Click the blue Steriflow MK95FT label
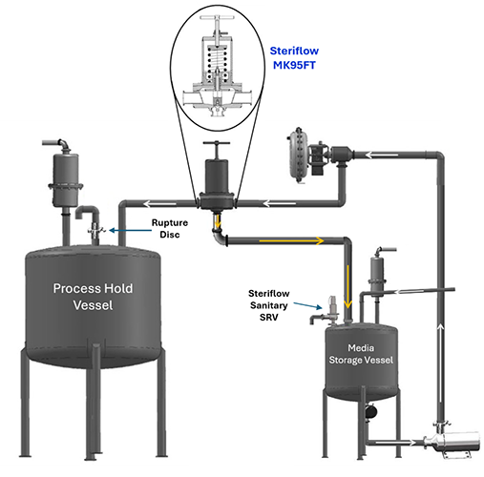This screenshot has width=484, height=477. [294, 58]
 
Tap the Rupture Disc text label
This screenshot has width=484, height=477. [170, 228]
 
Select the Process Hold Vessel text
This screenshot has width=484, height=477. [93, 297]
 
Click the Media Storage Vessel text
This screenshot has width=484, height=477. [361, 354]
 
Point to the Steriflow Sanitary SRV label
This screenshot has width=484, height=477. [269, 305]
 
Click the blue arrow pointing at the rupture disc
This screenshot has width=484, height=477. [131, 230]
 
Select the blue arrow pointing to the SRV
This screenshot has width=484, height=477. [307, 305]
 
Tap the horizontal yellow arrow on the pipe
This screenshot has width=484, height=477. [291, 240]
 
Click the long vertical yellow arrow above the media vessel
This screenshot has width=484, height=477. [347, 286]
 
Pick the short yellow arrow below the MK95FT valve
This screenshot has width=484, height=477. [218, 222]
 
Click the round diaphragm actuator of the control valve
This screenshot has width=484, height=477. [298, 156]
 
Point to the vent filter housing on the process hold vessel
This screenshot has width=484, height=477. [66, 179]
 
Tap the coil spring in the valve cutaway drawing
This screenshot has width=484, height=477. [217, 60]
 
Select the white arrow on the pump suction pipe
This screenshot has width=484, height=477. [395, 442]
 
